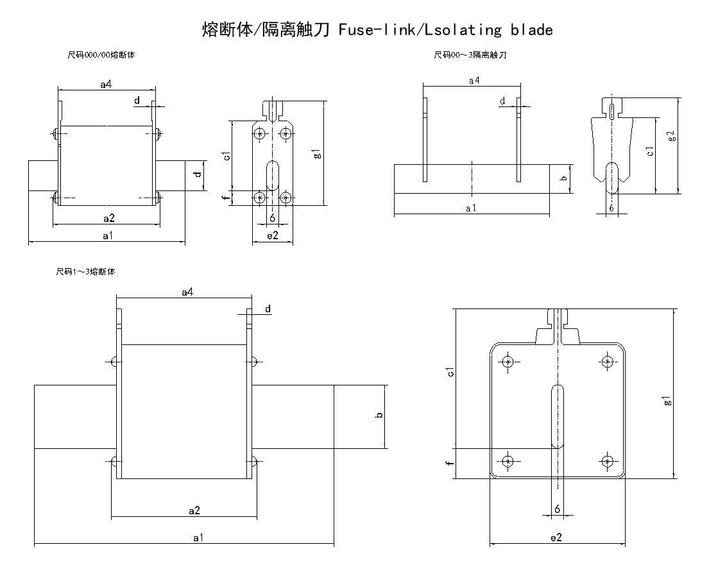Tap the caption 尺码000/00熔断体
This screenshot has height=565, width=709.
coord(101,55)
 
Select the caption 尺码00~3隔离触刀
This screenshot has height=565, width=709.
coord(470,55)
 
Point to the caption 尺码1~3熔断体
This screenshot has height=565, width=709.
coord(85,272)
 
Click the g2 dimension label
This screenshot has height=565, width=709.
coord(670,136)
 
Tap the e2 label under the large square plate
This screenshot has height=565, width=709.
coord(556,537)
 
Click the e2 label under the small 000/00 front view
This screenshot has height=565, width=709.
coord(272,235)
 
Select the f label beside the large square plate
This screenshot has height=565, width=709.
coord(451,462)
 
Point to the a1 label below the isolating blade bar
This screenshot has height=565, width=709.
coord(472,208)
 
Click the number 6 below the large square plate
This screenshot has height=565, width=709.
coord(557,509)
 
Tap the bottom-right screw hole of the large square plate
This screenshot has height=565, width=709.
coord(607,460)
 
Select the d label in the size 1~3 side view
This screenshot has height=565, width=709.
coord(268,309)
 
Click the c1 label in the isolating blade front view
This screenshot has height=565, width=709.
coord(650,151)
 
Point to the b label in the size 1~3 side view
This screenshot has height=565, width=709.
coord(379,415)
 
